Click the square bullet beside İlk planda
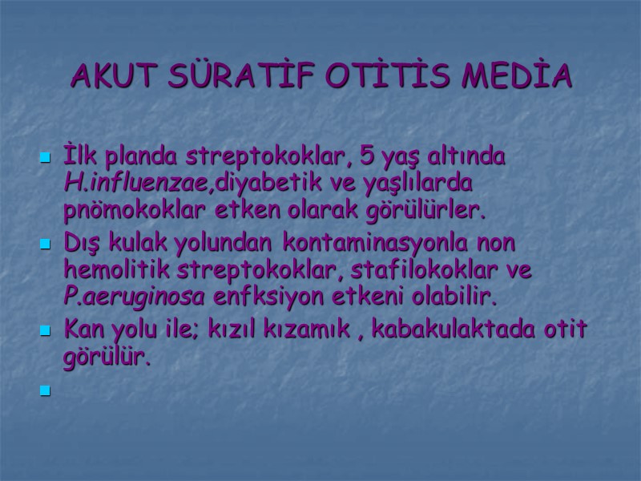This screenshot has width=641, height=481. [x=46, y=159]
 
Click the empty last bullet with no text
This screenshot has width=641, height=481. [x=46, y=391]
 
